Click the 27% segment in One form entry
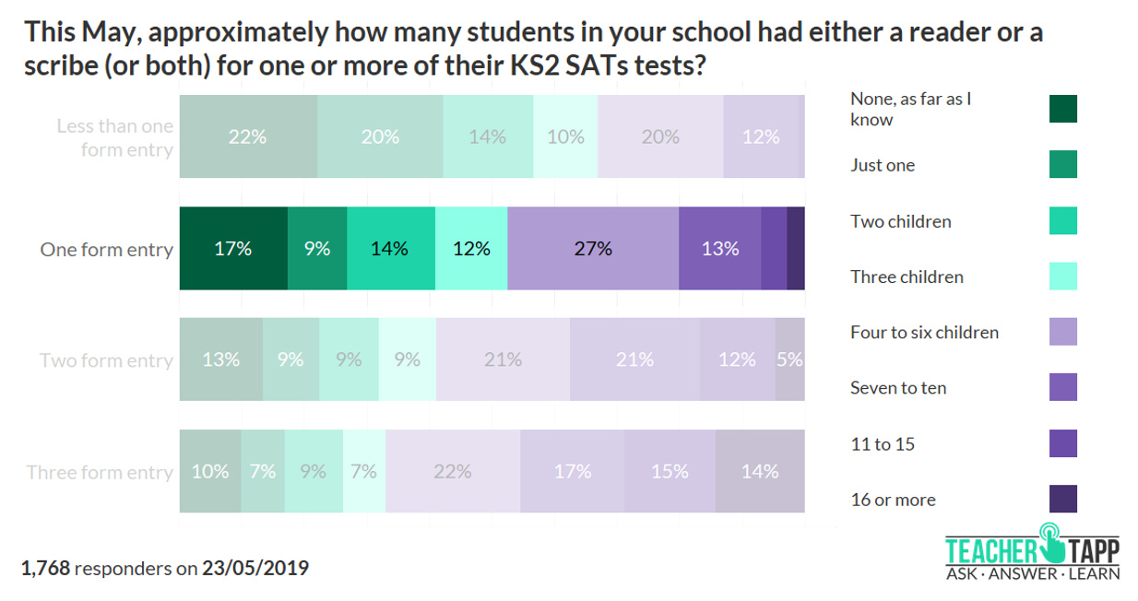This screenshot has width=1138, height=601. [592, 249]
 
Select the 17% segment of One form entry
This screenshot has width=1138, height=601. [233, 249]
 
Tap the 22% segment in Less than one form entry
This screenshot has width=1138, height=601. [247, 136]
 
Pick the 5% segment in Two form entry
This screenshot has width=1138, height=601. [789, 359]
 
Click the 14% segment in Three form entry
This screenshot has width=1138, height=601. [760, 471]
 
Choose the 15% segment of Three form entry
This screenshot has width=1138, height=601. [670, 471]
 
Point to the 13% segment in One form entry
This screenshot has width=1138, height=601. [719, 249]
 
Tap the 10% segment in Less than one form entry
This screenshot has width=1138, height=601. [565, 136]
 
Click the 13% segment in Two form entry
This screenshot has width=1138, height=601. [221, 359]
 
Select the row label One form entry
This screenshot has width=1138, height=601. [106, 250]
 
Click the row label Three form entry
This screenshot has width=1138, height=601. [100, 472]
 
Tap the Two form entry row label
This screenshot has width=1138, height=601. [106, 360]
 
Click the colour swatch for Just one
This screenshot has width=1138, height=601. [1062, 165]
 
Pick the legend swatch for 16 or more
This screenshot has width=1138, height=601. [1062, 499]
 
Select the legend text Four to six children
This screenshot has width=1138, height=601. [924, 332]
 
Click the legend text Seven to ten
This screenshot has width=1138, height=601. [897, 388]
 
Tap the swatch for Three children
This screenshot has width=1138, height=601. [1062, 276]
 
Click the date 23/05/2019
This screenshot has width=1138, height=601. [255, 568]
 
